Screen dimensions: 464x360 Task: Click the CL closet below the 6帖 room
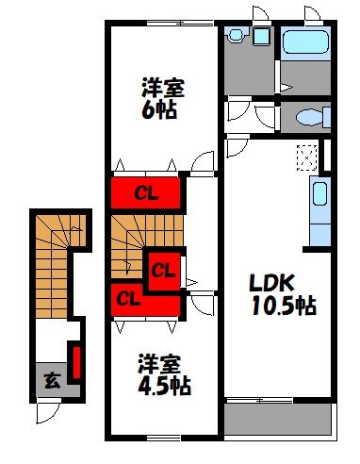click(145, 195)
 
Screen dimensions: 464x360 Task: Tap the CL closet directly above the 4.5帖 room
click(132, 299)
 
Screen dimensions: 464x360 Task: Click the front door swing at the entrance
click(47, 411)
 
